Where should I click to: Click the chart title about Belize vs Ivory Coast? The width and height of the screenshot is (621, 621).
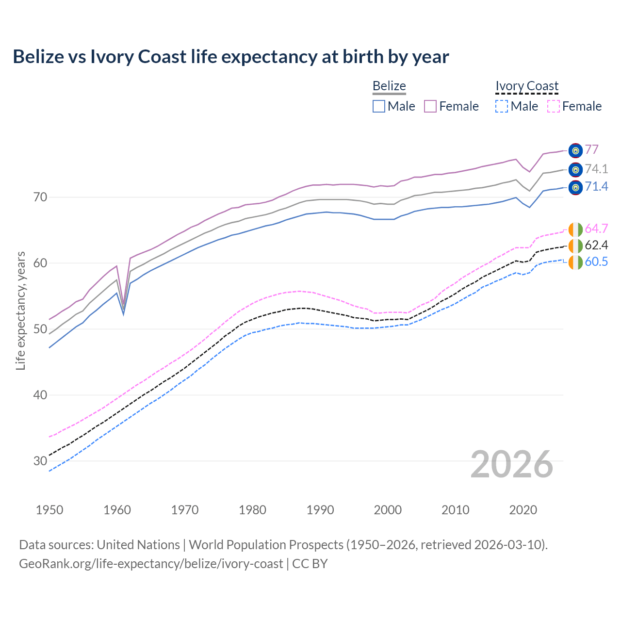click(231, 57)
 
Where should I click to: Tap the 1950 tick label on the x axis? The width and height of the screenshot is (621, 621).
click(49, 510)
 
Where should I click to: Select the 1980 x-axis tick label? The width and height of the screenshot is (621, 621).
click(252, 510)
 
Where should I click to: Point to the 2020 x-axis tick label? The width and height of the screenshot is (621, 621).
click(523, 510)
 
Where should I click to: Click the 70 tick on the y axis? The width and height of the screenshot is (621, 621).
click(40, 197)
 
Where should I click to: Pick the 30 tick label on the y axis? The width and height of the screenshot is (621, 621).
click(40, 460)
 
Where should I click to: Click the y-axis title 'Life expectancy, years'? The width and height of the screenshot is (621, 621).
click(20, 310)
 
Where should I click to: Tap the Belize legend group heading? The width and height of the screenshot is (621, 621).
click(389, 86)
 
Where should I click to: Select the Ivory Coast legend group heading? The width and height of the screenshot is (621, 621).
click(527, 86)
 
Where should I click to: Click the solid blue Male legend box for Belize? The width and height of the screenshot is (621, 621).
click(379, 106)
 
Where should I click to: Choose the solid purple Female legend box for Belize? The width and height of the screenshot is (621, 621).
click(430, 106)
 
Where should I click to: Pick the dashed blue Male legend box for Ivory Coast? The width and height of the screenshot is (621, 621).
click(502, 106)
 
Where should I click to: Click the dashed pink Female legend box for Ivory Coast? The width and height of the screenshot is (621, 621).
click(554, 106)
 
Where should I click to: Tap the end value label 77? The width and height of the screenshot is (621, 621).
click(591, 149)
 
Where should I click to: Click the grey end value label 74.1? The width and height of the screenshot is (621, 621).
click(596, 169)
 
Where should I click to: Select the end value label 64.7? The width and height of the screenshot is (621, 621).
click(596, 229)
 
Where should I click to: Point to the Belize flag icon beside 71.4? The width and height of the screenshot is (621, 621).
click(575, 187)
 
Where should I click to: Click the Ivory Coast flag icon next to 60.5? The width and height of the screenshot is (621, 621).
click(575, 262)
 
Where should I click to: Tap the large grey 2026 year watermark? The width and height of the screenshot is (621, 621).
click(512, 464)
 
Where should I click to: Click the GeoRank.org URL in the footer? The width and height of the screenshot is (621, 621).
click(151, 564)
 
